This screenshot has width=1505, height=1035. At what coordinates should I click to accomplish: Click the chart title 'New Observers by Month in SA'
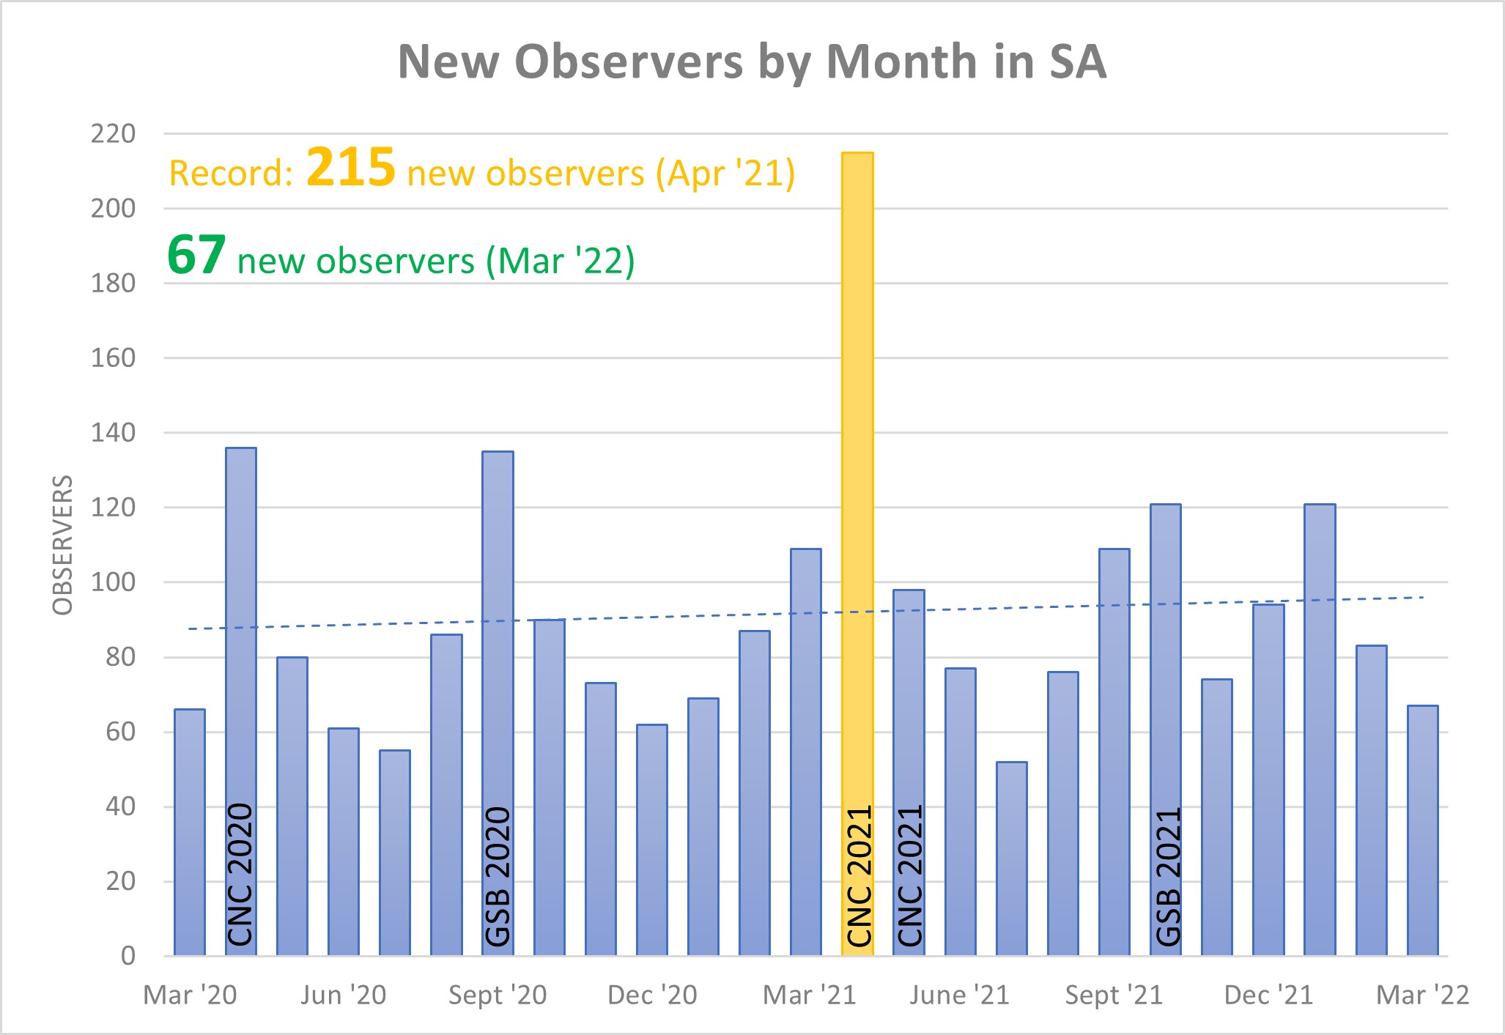pos(752,62)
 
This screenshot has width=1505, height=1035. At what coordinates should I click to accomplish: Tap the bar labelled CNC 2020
pos(241,659)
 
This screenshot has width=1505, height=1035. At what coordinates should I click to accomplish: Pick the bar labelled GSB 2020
pos(498,659)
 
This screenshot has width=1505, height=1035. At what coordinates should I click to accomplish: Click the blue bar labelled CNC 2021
pos(909,732)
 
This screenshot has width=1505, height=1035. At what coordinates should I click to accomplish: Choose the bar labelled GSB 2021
pos(1166,696)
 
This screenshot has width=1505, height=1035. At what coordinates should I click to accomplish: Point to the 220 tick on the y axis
pos(114,134)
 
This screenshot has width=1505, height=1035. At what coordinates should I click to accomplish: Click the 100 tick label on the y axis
pos(114,582)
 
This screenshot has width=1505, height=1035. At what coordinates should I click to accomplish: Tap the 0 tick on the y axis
pos(128,956)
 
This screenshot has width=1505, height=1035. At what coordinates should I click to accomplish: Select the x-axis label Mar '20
pos(190,995)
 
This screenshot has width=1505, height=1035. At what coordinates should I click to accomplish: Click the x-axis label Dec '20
pos(652,995)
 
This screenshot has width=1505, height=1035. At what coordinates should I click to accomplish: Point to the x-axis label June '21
pos(960,995)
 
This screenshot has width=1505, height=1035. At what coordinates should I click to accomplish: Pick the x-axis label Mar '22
pos(1423,995)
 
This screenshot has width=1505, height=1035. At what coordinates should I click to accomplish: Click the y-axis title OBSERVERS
pos(63,546)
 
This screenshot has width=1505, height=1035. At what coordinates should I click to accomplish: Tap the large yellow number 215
pos(351,168)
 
